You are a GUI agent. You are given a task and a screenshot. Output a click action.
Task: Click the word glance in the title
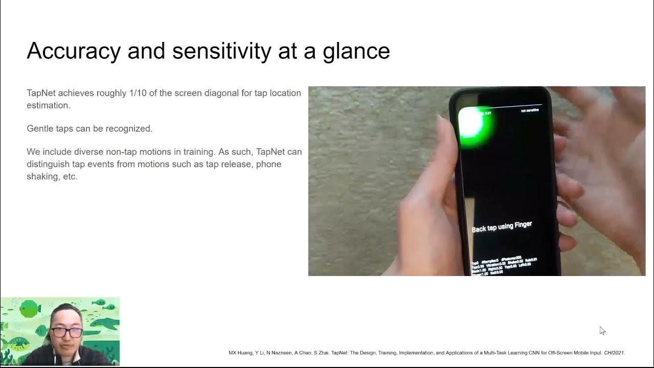tap(356, 51)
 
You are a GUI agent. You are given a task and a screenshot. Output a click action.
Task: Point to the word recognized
tap(129, 129)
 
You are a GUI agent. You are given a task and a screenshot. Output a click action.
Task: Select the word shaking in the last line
tap(43, 176)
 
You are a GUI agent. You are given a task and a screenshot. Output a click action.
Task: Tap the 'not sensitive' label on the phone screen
tap(529, 110)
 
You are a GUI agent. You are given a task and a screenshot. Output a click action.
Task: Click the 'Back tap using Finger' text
tap(501, 227)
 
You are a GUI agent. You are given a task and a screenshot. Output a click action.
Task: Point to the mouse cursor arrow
tap(602, 330)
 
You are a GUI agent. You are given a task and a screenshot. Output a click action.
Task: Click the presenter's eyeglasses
tap(66, 332)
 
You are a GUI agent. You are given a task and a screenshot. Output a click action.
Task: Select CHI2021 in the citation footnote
tap(614, 353)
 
